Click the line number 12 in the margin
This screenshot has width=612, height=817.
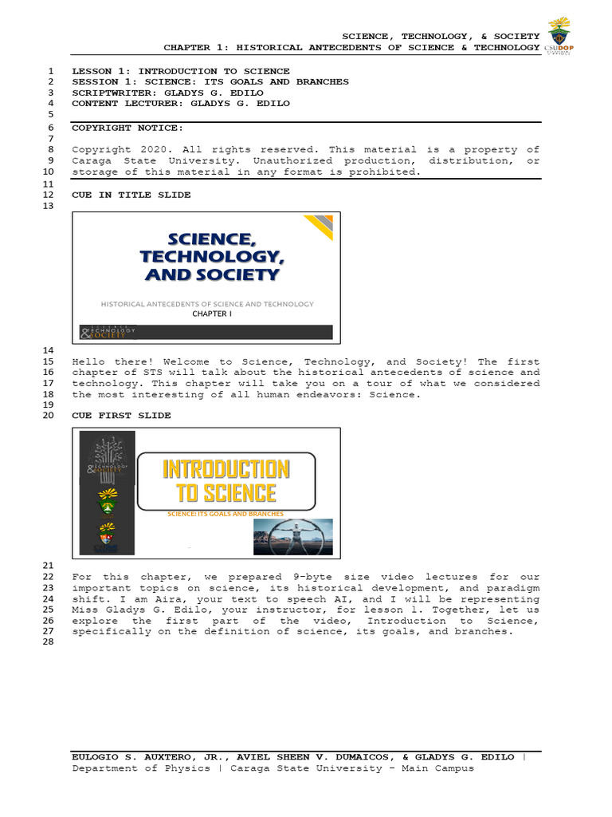point(49,195)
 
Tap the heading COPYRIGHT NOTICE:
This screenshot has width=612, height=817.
point(127,128)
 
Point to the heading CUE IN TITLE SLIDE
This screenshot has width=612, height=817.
point(131,195)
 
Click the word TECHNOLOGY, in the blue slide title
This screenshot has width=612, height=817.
point(212,256)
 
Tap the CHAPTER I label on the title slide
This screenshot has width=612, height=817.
point(210,314)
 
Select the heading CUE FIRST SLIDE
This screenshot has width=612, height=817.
point(121,416)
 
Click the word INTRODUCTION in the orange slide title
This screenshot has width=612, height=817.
point(226,469)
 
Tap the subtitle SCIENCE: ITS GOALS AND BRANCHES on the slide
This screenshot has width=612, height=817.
point(226,515)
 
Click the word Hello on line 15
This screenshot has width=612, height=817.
point(88,361)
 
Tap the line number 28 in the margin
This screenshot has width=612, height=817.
point(49,643)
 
